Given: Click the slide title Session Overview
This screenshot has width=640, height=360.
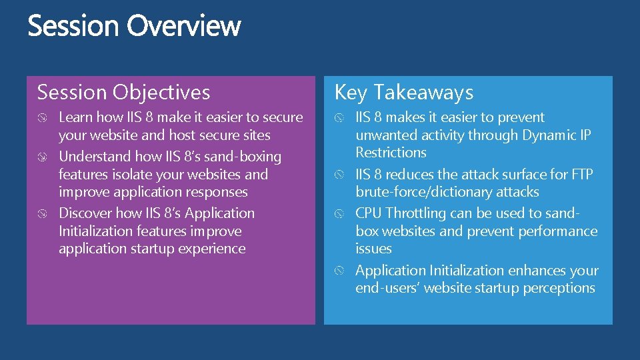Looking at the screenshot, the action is point(134,27).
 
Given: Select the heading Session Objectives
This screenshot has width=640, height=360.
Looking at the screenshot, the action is point(124,92).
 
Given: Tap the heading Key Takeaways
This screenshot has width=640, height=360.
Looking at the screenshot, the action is point(404,92).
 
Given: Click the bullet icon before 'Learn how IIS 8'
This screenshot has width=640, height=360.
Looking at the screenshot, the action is point(43,118).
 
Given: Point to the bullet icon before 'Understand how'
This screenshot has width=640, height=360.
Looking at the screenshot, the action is point(43,157).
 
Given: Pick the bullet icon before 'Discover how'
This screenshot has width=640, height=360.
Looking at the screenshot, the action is point(43,214).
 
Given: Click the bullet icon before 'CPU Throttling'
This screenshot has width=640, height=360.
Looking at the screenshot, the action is point(340,214).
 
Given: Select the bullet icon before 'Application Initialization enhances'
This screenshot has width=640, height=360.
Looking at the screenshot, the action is point(340,271).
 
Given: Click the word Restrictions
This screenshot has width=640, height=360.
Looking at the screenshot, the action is point(391,153).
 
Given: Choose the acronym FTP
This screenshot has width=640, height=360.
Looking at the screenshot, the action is point(579,175).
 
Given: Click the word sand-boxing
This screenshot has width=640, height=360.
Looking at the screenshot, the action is point(243,157).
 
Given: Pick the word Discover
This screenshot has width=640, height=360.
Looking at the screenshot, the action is point(85,213).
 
